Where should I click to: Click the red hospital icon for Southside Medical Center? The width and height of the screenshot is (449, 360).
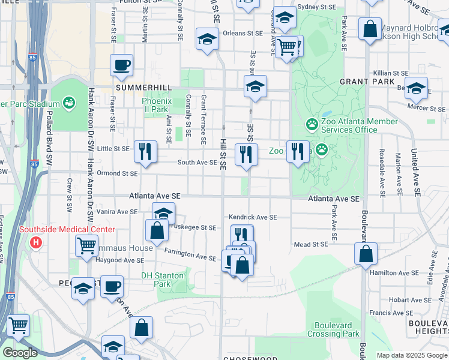coord(36,243)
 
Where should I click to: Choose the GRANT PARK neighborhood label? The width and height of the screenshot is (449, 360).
coord(367,82)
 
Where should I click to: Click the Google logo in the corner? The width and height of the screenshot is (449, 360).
coord(20,353)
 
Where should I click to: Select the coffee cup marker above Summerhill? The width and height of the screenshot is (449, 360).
coord(122,65)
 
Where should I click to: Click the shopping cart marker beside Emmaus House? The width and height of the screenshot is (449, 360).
coord(87,245)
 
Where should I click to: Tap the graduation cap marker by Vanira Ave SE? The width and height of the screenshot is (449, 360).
coord(163,214)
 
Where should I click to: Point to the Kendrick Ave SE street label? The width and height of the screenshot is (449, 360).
coord(252,217)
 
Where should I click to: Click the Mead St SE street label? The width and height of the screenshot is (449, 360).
coord(311,244)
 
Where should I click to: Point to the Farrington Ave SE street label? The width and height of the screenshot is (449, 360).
coord(190,256)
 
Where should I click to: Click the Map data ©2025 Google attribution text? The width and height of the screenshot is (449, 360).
coord(412,355)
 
